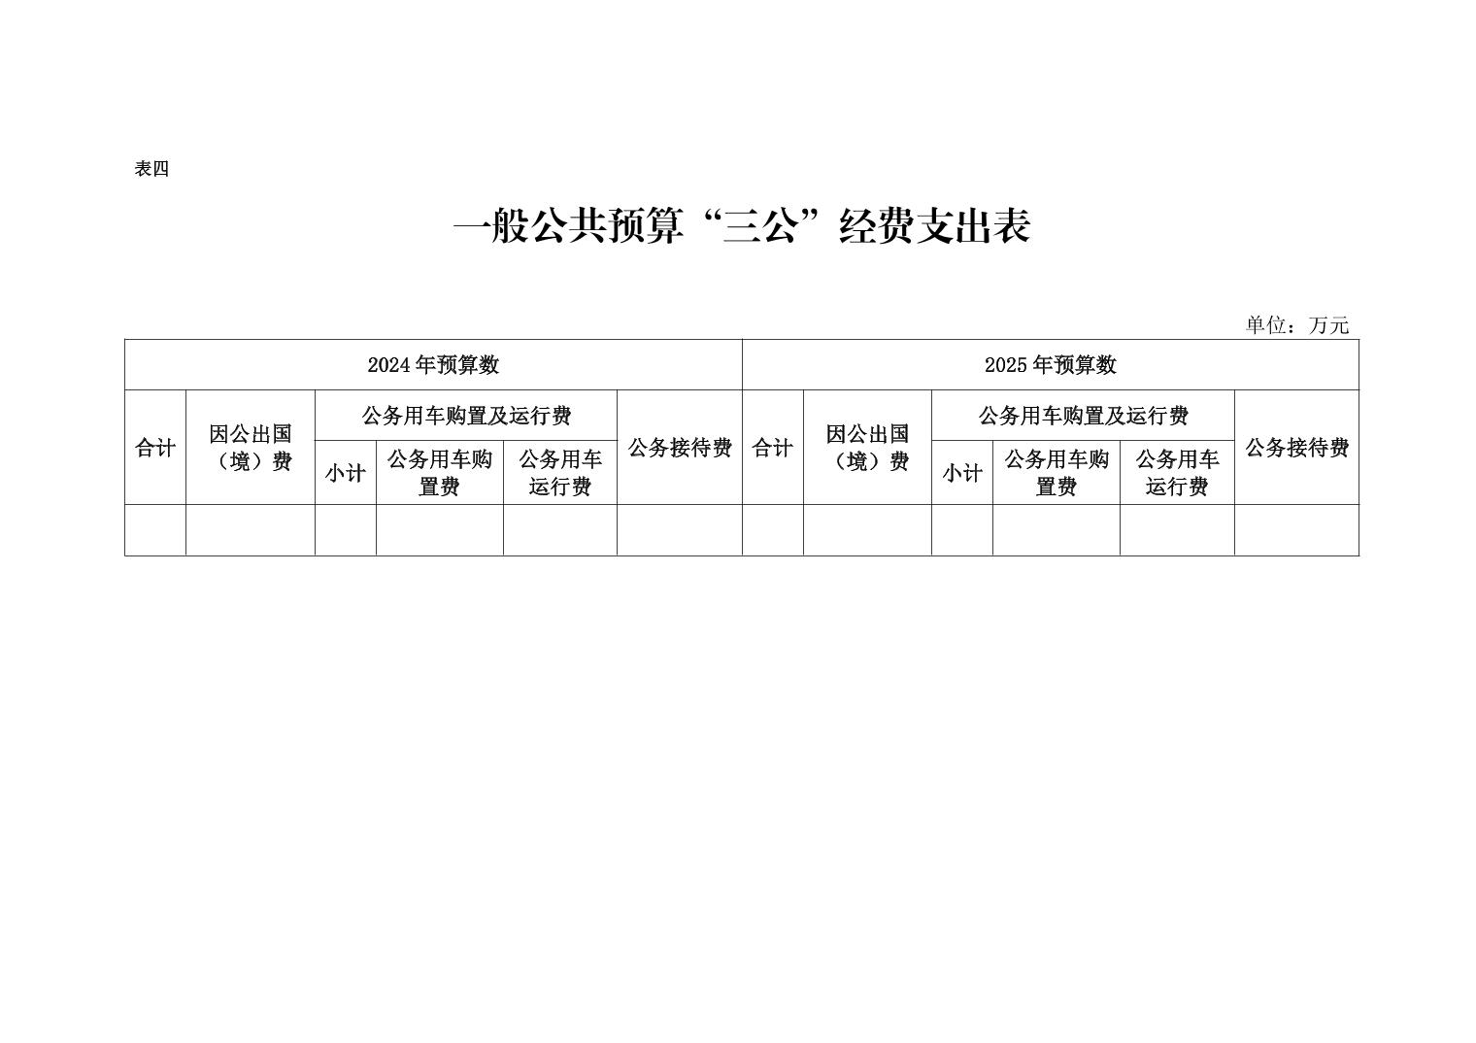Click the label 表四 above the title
[x=151, y=169]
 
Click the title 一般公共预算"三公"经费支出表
[x=741, y=226]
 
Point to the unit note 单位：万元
[x=1296, y=324]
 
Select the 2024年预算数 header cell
[x=433, y=364]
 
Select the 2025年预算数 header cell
[x=1051, y=364]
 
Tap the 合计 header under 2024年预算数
[x=155, y=448]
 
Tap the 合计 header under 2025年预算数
[x=772, y=448]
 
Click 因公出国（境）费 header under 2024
[x=251, y=448]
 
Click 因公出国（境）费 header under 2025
[x=867, y=448]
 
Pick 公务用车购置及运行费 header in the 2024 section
[x=466, y=415]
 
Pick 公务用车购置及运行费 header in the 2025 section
[x=1083, y=415]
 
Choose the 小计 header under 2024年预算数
[x=346, y=472]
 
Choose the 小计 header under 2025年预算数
[x=962, y=472]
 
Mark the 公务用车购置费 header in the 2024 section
[x=440, y=472]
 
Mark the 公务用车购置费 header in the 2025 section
[x=1057, y=472]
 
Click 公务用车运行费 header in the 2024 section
[x=560, y=472]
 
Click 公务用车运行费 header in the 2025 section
[x=1177, y=472]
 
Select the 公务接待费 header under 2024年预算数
[x=680, y=448]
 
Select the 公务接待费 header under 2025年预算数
[x=1296, y=448]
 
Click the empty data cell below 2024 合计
[x=155, y=530]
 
